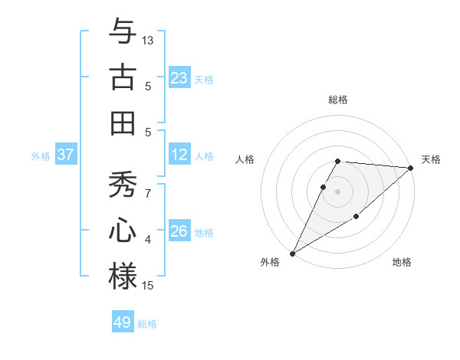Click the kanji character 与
pos(123,31)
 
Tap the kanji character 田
pos(123,123)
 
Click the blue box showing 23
pos(179,77)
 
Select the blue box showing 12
pos(179,155)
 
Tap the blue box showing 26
pos(179,231)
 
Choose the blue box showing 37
pos(66,155)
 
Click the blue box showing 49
pos(123,322)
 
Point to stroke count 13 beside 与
pos(148,39)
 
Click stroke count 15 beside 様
pos(148,286)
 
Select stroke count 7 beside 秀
pos(148,193)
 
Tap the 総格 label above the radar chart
pos(338,100)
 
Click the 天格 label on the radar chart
pos(431,159)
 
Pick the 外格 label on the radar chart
pos(270,262)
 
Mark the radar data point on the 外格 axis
pos(292,254)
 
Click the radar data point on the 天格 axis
pos(411,169)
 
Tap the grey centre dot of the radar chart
pos(338,191)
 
